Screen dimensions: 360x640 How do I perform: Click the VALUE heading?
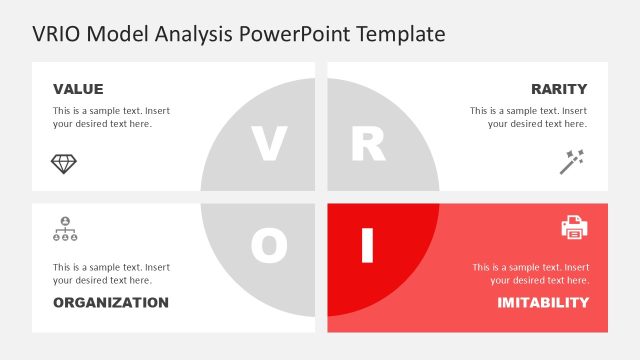click(78, 89)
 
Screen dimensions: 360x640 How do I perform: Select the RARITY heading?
click(559, 89)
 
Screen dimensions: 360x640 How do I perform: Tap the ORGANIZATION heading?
click(111, 302)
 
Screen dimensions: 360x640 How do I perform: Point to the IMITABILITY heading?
click(543, 302)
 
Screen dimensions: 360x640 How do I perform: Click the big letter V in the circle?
click(268, 145)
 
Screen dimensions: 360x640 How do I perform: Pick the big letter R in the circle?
click(368, 145)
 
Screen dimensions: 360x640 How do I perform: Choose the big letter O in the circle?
click(268, 245)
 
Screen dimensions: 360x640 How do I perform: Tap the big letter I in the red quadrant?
click(367, 245)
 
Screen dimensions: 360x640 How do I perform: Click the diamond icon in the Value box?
click(64, 162)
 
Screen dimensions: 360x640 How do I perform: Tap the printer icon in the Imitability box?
click(574, 228)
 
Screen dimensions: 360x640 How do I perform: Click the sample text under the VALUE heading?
click(111, 117)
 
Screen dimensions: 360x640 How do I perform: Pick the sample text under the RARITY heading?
click(529, 117)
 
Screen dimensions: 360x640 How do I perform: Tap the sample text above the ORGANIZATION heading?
click(111, 274)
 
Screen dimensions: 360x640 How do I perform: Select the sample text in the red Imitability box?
click(530, 274)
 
